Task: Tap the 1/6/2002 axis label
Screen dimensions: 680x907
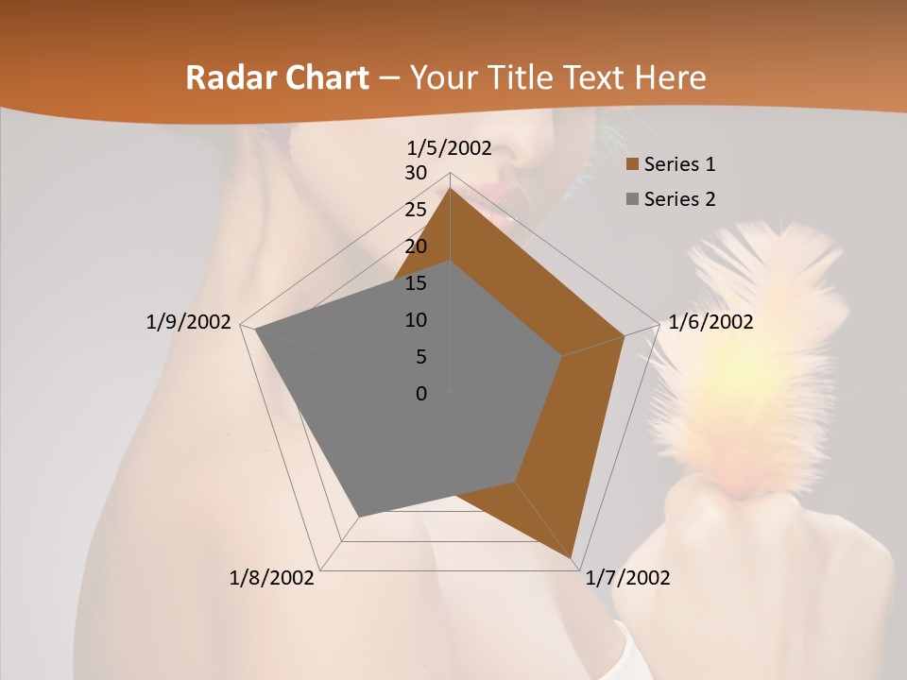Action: pyautogui.click(x=710, y=322)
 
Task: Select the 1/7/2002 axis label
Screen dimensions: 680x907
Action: pyautogui.click(x=627, y=578)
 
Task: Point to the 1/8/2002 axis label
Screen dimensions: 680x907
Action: pyautogui.click(x=272, y=578)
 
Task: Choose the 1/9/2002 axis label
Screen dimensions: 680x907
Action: pyautogui.click(x=189, y=322)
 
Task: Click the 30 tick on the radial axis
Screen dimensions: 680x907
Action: pyautogui.click(x=416, y=173)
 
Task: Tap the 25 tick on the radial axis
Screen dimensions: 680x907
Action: pyautogui.click(x=416, y=210)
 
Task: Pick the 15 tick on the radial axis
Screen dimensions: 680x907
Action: pyautogui.click(x=416, y=283)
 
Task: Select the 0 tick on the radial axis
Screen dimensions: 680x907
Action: pyautogui.click(x=421, y=394)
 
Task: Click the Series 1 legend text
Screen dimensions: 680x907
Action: pyautogui.click(x=679, y=164)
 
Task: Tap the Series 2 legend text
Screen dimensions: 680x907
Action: pyautogui.click(x=679, y=199)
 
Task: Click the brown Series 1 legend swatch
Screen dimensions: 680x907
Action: pyautogui.click(x=633, y=165)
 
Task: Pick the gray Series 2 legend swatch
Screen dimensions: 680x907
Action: pyautogui.click(x=633, y=199)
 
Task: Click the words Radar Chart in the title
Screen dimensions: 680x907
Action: pyautogui.click(x=277, y=77)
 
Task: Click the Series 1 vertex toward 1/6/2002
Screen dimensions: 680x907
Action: pyautogui.click(x=625, y=335)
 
